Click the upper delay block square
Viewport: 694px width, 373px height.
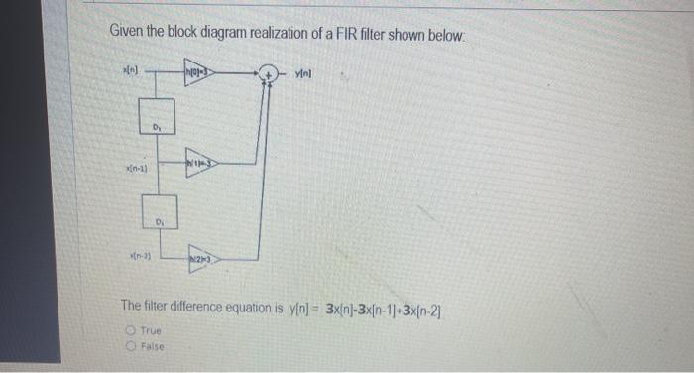[157, 116]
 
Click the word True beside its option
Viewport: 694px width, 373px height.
[150, 331]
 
